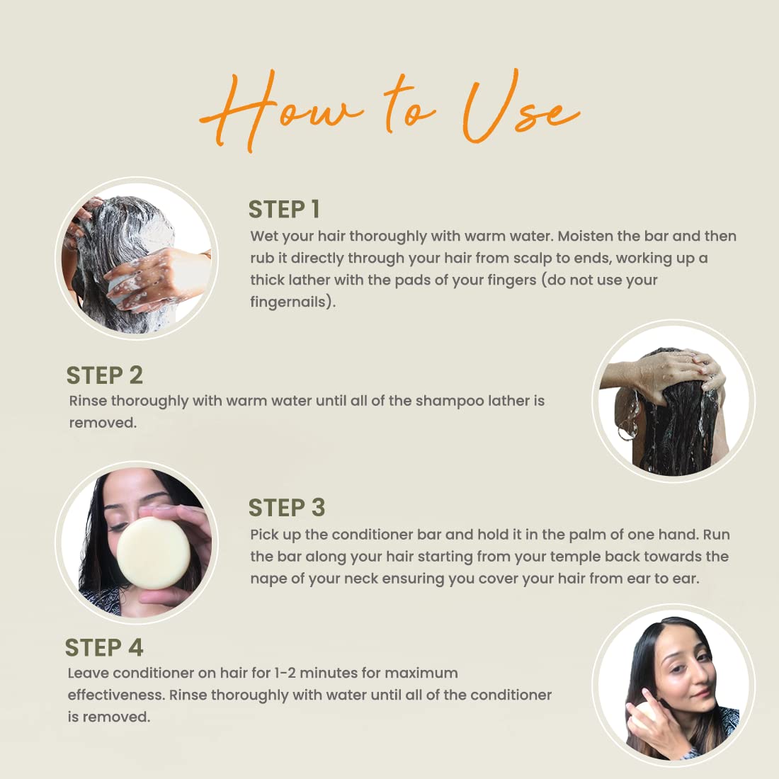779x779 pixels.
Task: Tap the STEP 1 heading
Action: point(284,209)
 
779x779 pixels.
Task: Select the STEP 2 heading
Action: point(104,375)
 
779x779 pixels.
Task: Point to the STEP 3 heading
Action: point(287,508)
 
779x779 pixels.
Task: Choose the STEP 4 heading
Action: point(104,647)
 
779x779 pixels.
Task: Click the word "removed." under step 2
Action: point(103,423)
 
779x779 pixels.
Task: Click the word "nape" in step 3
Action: point(266,579)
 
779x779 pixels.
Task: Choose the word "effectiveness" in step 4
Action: point(115,695)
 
